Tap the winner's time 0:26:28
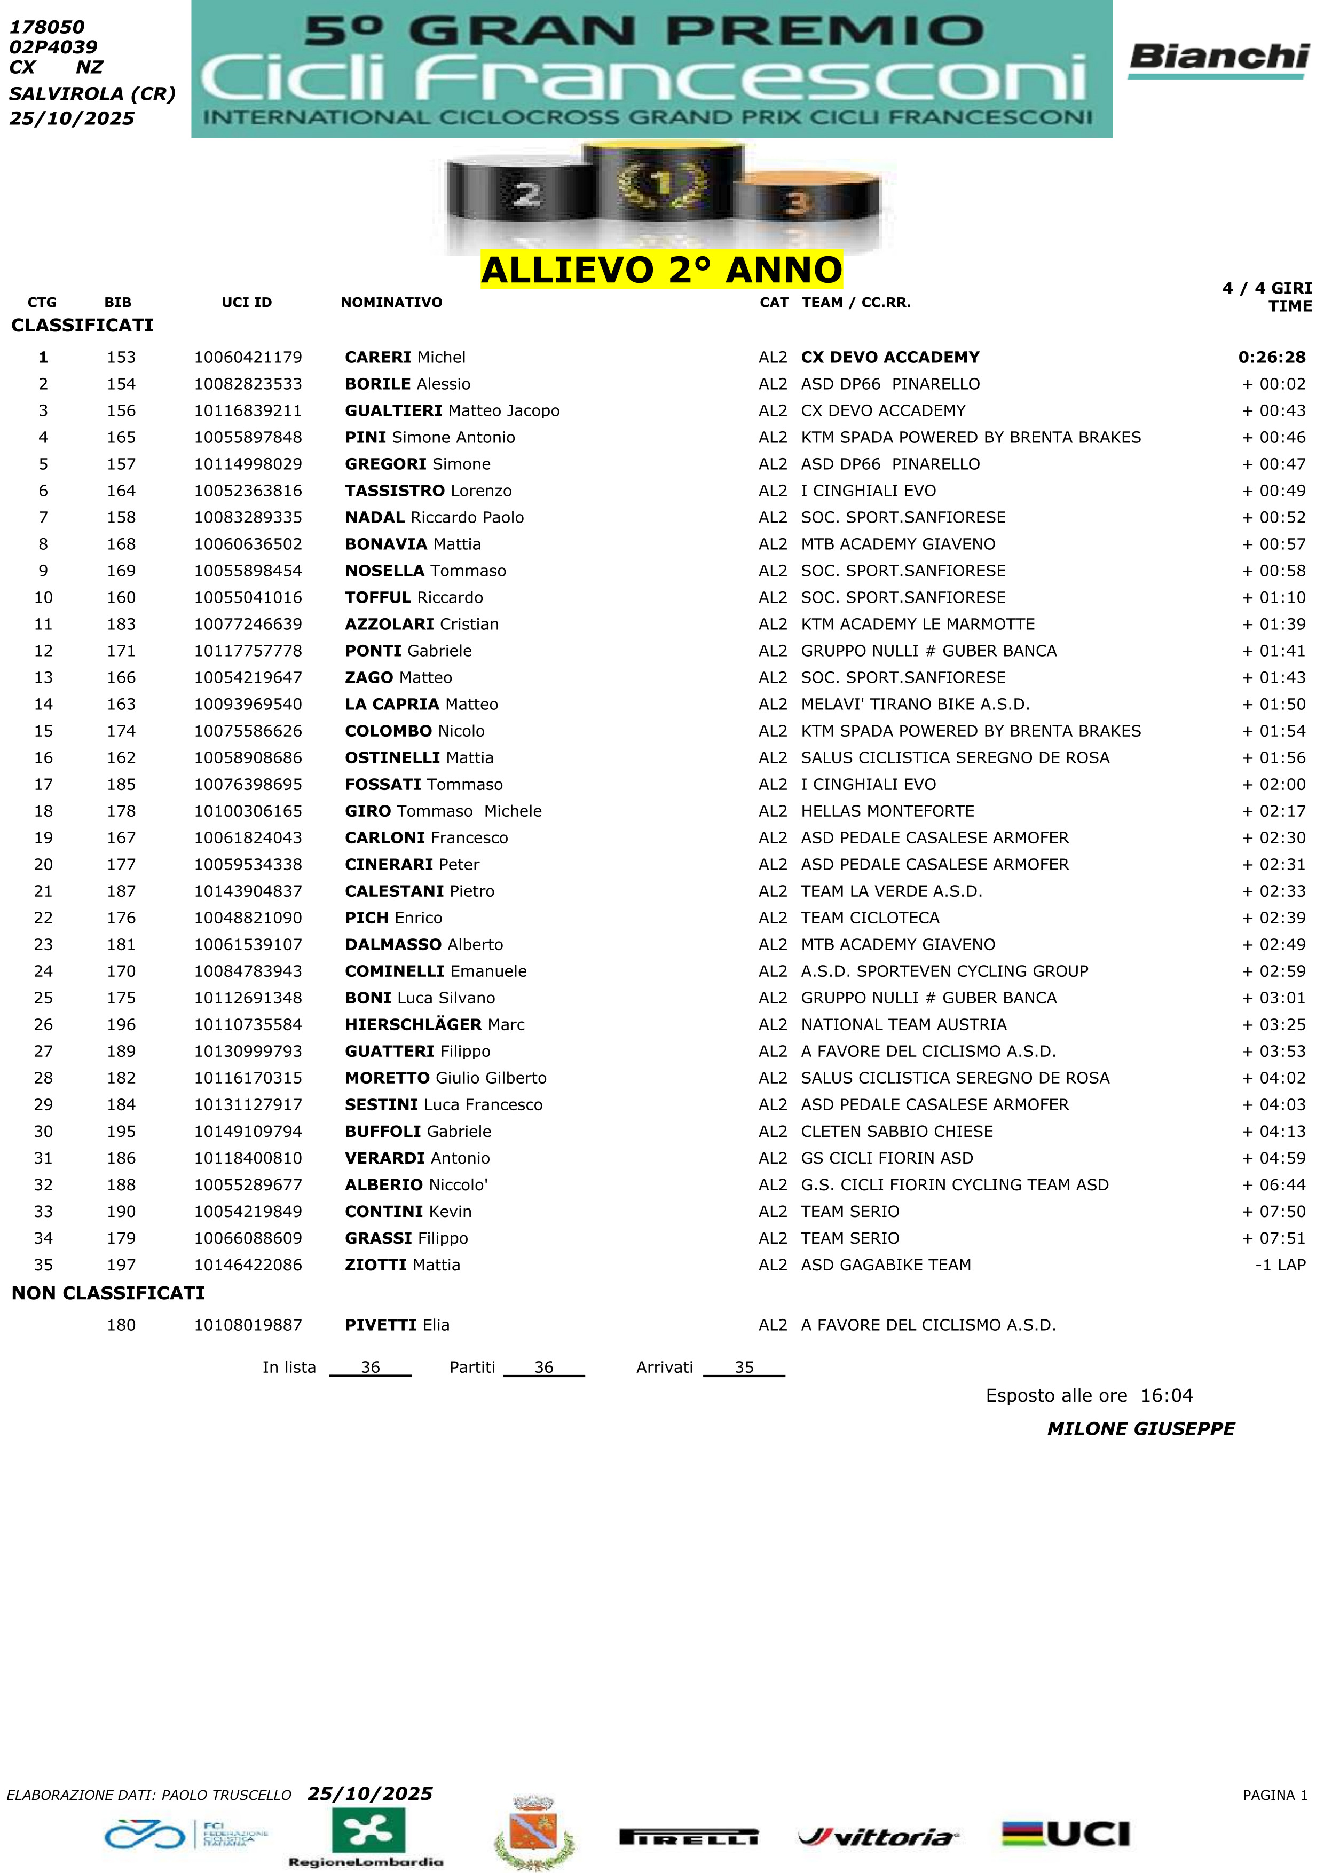click(1271, 357)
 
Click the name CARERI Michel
click(405, 357)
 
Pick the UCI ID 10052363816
click(248, 491)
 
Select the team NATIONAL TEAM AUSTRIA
click(903, 1025)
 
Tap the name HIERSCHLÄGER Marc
click(434, 1025)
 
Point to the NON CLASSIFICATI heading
click(108, 1293)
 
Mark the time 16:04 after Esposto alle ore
click(1167, 1396)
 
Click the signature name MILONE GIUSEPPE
click(1140, 1429)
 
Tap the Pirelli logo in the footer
click(689, 1837)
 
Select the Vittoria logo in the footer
click(878, 1837)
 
